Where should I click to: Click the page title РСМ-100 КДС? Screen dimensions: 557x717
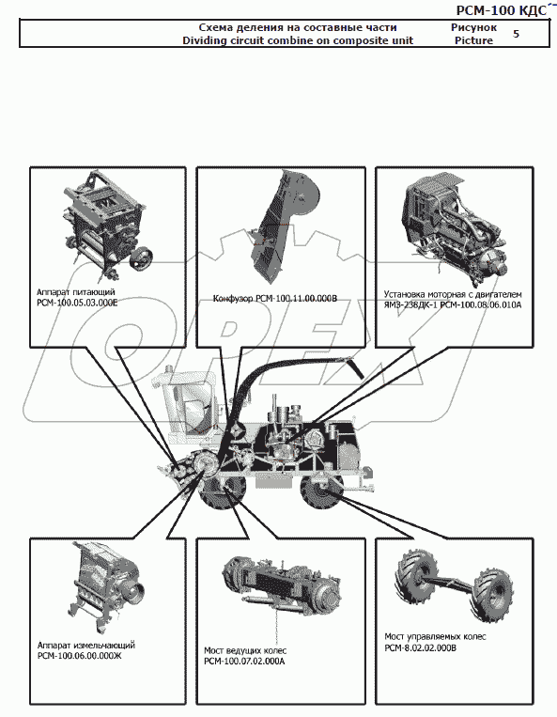click(x=502, y=10)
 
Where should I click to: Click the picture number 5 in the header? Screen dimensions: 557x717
click(x=516, y=34)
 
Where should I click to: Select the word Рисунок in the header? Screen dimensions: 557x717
click(x=473, y=27)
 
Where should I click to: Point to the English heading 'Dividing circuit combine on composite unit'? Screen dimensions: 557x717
click(x=298, y=40)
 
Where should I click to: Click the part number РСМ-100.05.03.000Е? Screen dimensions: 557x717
click(x=77, y=303)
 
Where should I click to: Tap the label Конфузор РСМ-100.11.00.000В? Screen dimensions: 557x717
click(x=275, y=299)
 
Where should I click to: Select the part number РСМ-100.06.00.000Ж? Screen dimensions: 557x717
click(x=80, y=656)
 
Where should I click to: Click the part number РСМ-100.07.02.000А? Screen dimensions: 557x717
click(x=244, y=662)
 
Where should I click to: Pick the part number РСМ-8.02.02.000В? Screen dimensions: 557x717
click(x=421, y=648)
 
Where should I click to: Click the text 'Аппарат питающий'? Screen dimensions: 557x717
click(x=76, y=291)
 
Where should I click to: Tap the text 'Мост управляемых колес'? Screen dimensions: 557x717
click(x=435, y=636)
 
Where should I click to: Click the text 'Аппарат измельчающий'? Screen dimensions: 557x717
click(x=86, y=646)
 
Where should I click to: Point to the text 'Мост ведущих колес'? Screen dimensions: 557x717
click(x=245, y=650)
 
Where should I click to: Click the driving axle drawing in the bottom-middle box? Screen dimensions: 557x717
click(x=282, y=585)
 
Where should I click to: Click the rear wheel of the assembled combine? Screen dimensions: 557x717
click(x=321, y=491)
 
